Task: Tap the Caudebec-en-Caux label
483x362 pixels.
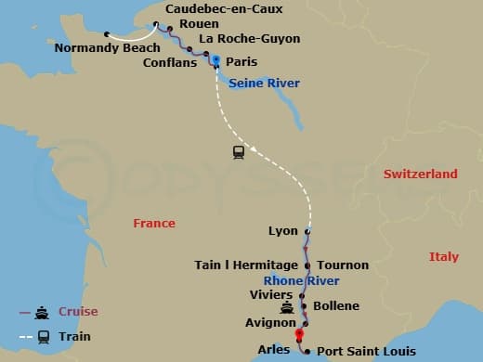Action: pos(223,9)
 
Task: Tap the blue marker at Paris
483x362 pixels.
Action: pos(215,60)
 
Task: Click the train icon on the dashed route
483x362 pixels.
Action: pos(239,152)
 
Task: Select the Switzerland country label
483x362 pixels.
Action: pos(420,174)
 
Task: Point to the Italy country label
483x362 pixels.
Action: pos(444,256)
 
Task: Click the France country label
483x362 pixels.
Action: pos(154,224)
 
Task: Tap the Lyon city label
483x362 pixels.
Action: pos(282,230)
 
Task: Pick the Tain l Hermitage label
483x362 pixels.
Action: pos(246,265)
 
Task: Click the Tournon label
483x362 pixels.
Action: pos(343,265)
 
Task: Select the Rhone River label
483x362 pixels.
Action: pos(301,281)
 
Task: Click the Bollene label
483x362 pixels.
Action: pos(336,305)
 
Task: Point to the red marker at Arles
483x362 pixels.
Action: pos(299,335)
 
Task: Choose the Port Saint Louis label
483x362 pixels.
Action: pos(366,352)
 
